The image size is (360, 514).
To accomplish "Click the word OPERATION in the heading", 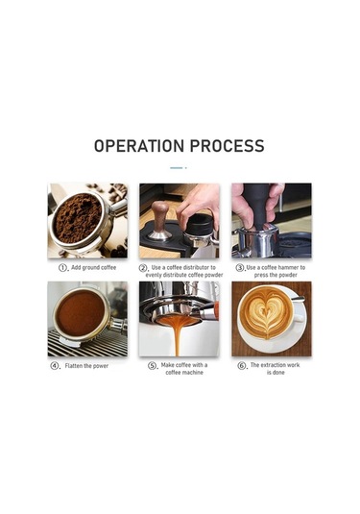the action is coord(138,146).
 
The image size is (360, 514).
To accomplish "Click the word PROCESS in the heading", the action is coord(227,146).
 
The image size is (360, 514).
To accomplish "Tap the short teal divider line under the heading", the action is coord(177,168).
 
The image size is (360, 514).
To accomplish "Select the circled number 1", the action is coord(62,268).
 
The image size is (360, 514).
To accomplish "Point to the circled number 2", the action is coord(143,268).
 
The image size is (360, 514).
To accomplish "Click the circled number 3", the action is coord(240,268).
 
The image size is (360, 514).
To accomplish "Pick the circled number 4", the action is coord(55,366).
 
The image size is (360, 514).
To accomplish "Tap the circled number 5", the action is coord(152,366).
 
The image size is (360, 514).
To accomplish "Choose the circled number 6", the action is coord(242,366).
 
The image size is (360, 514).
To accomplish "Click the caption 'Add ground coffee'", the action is coord(94,267).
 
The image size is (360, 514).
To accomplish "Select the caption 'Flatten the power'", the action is coord(86,366).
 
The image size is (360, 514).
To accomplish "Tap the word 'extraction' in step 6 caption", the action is coord(273,365).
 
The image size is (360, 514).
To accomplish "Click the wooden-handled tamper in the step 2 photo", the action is coord(159,221).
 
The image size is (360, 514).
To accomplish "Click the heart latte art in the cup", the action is coord(266,312).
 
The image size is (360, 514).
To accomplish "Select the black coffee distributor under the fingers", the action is coord(200,223).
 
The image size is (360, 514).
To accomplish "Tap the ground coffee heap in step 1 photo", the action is coord(78,218).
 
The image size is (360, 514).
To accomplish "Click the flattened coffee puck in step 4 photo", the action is coord(81,313).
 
